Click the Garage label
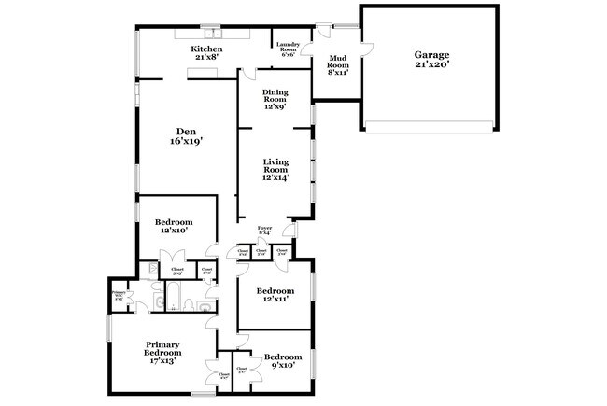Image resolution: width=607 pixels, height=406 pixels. [431, 55]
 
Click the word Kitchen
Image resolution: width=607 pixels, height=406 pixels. [206, 49]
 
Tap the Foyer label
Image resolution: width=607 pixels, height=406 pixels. [266, 229]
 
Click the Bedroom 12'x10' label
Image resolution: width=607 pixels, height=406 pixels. [175, 222]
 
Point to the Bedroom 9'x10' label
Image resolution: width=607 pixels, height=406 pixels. [282, 357]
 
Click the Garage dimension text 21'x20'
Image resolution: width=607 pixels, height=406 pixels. [431, 66]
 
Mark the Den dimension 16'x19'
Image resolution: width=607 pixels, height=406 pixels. [186, 142]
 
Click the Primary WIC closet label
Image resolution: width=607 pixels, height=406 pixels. [119, 295]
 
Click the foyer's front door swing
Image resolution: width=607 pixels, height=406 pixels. [289, 229]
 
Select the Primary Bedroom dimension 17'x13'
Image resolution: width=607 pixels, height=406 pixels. [162, 360]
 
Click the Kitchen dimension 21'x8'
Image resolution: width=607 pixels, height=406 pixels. [206, 58]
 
